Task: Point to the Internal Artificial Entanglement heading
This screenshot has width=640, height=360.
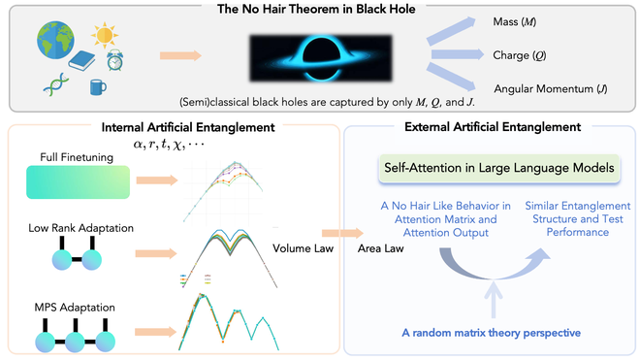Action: point(172,127)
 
